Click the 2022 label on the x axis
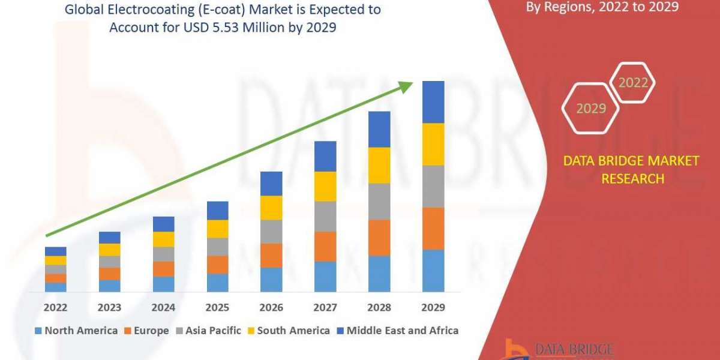click(55, 308)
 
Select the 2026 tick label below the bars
click(271, 308)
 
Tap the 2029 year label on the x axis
click(433, 308)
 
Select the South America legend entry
click(288, 331)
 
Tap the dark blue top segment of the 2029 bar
click(433, 102)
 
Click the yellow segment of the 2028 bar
click(379, 165)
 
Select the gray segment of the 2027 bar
click(325, 216)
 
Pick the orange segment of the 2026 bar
click(271, 255)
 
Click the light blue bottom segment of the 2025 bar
click(217, 283)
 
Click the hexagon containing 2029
click(590, 109)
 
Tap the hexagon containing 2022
click(633, 83)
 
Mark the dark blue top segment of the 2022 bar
click(55, 251)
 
